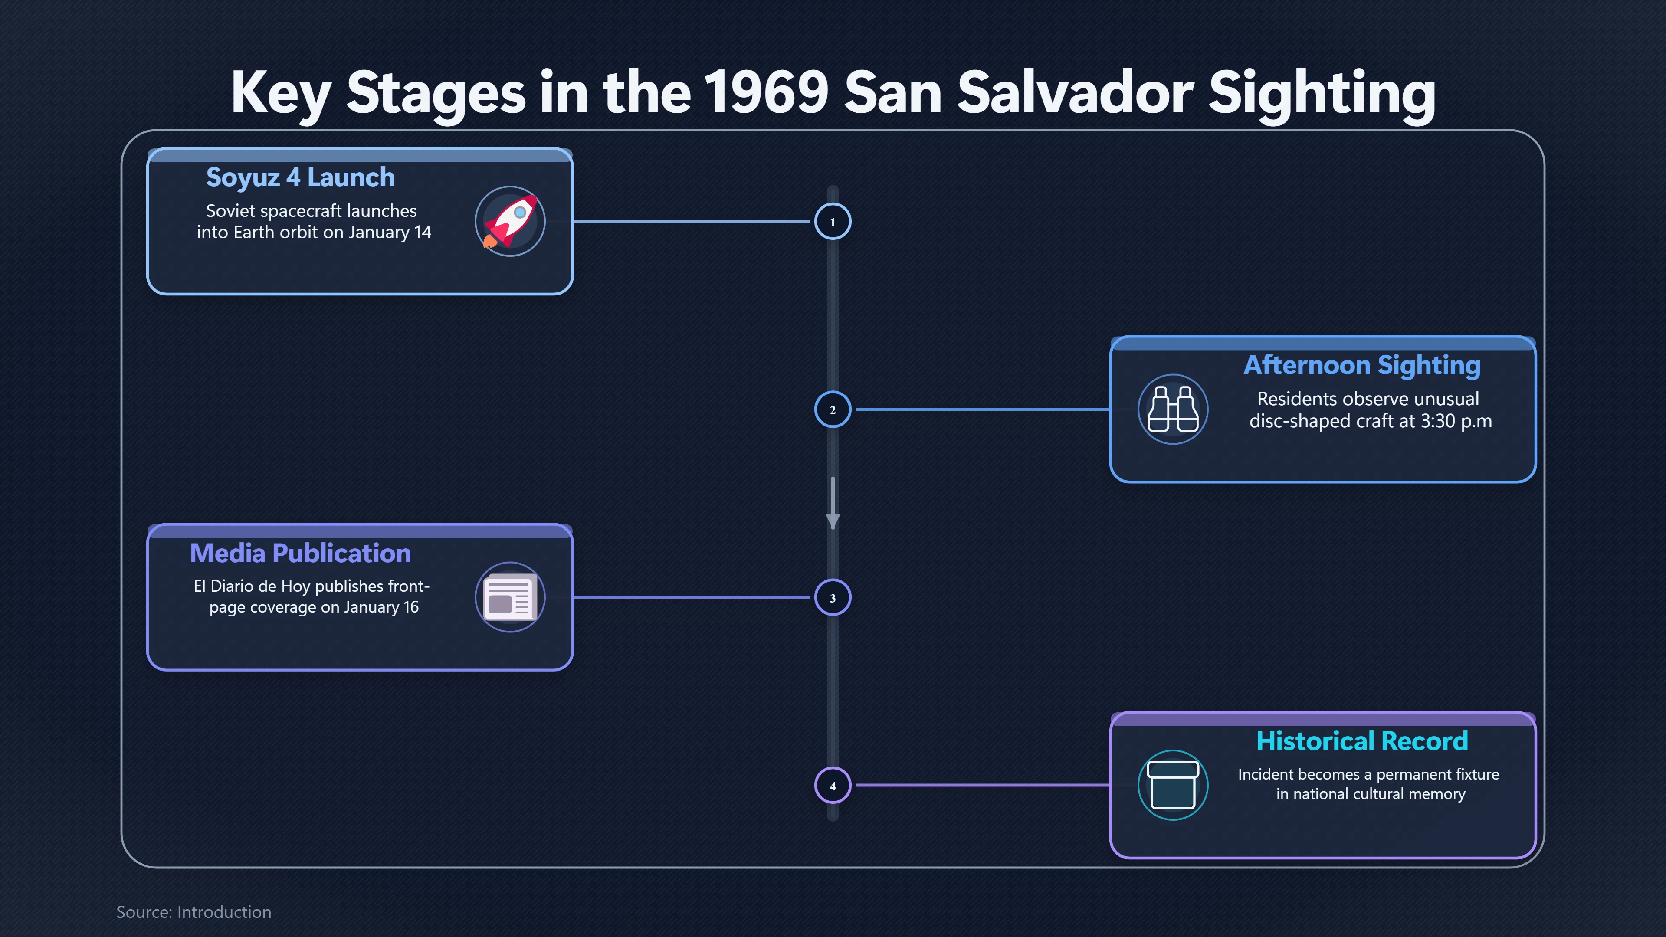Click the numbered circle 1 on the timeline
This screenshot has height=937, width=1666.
click(833, 222)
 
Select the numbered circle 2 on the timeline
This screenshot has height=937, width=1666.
click(833, 410)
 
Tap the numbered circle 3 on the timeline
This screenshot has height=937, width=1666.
click(833, 597)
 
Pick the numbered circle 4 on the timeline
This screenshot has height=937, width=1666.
click(833, 785)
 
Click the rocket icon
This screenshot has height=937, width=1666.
click(510, 221)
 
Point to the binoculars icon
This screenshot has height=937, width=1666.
click(1173, 410)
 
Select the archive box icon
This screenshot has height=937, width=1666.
click(1173, 785)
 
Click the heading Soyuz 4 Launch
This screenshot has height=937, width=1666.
click(300, 177)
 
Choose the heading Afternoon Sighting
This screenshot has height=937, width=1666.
click(1362, 365)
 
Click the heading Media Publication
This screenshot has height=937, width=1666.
click(300, 554)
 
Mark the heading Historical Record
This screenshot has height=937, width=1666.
click(1362, 741)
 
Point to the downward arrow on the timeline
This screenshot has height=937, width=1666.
click(833, 503)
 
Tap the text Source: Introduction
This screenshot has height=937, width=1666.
click(193, 912)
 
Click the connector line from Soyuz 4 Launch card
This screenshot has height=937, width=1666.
click(692, 221)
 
